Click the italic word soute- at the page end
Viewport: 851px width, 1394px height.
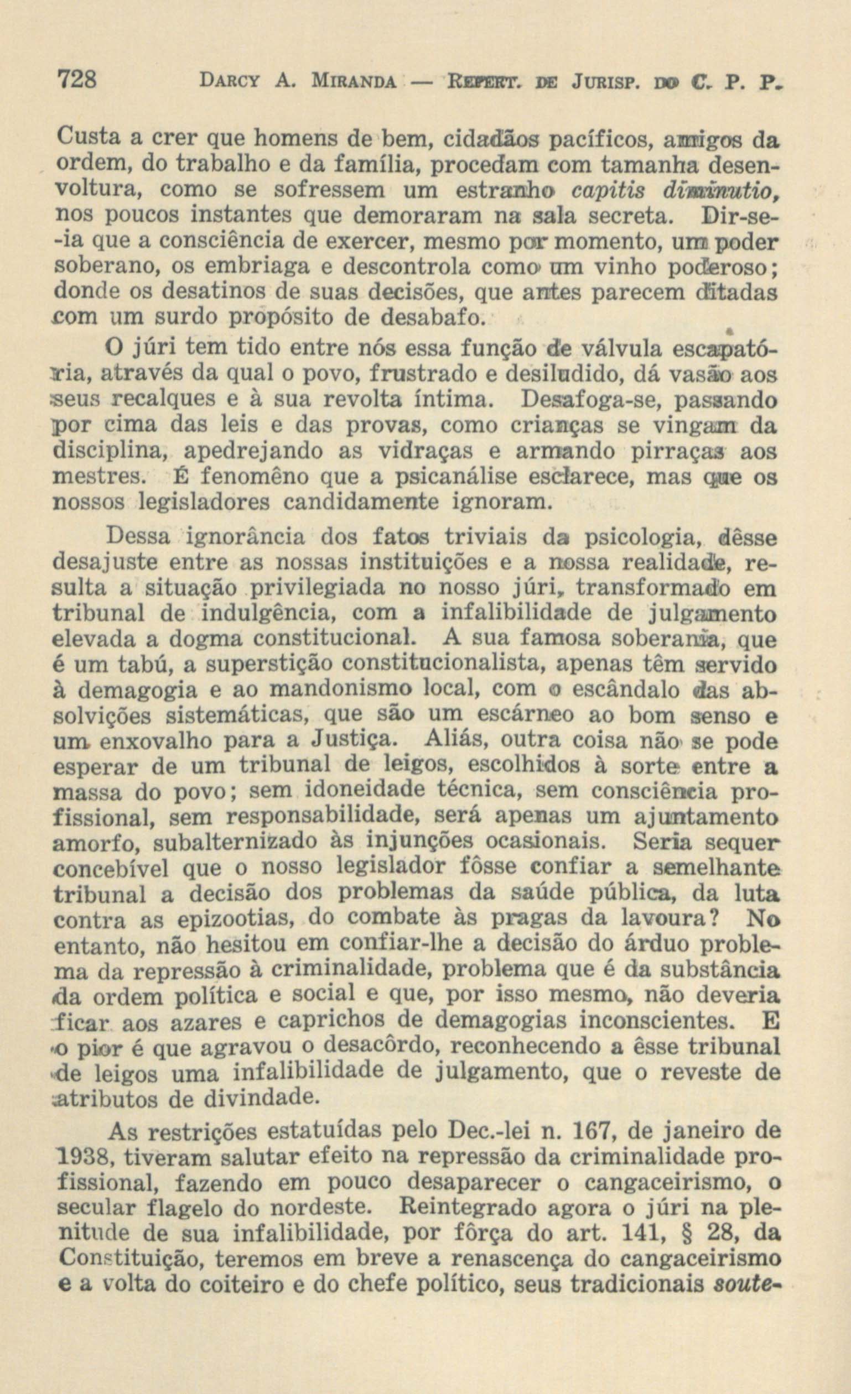click(748, 1289)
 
